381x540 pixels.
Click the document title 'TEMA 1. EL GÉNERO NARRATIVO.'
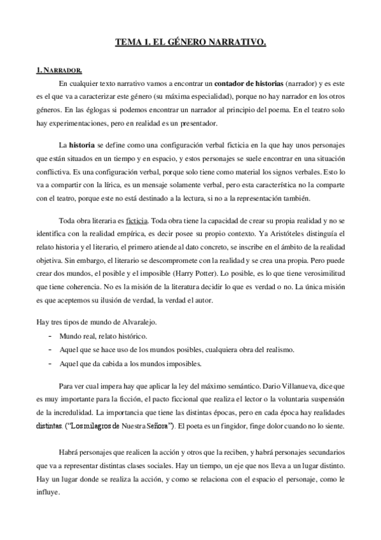(x=190, y=43)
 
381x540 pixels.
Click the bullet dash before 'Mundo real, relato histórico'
(x=50, y=335)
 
